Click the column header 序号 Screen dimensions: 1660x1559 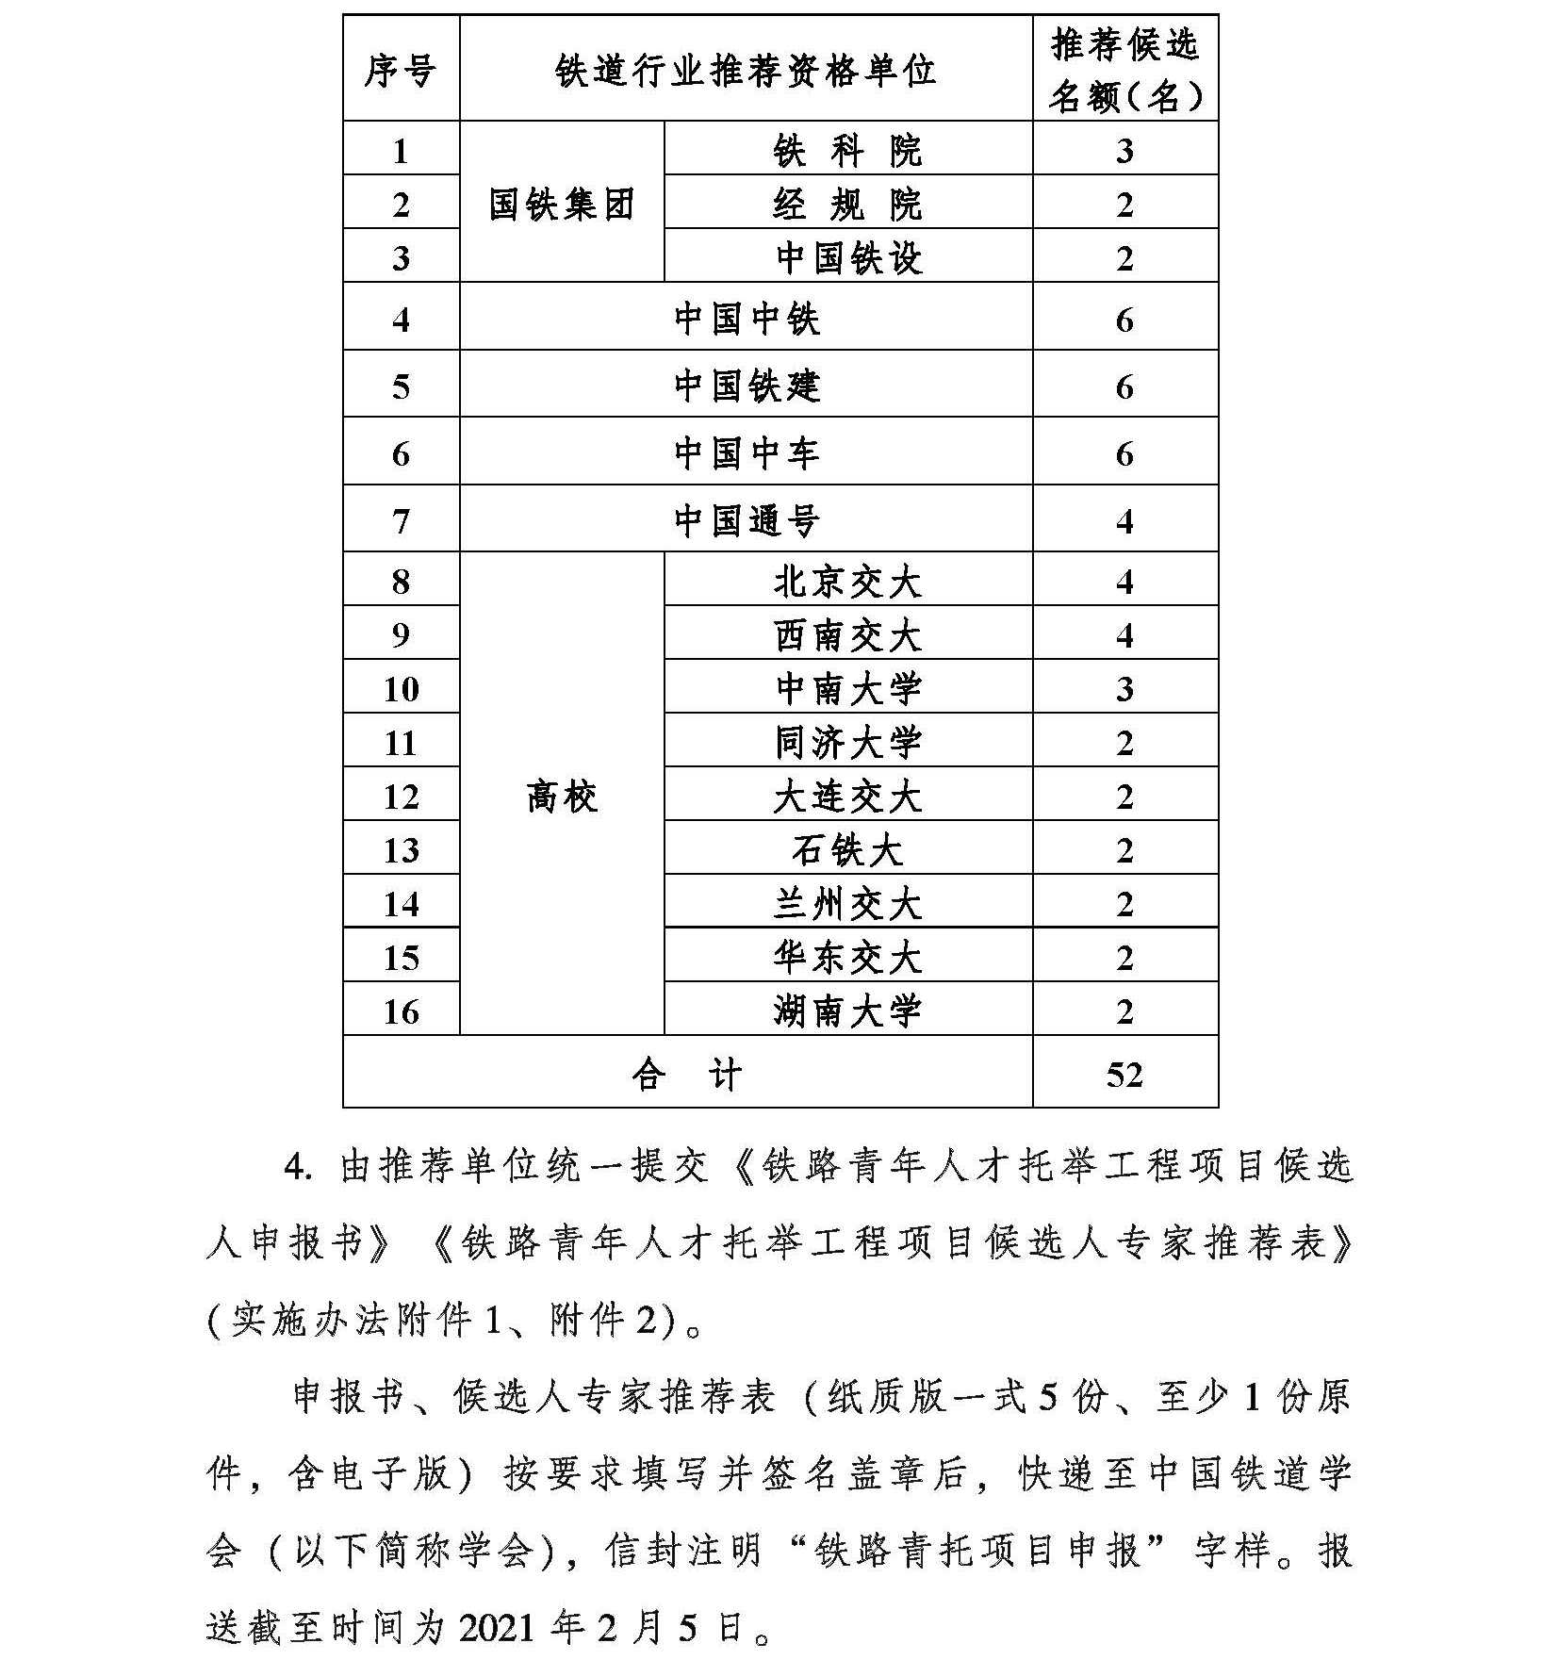[401, 70]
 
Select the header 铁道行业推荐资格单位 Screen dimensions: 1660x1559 [746, 70]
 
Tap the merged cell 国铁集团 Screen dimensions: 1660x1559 [562, 204]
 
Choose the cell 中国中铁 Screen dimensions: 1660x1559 [746, 319]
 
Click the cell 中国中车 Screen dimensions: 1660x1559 [746, 453]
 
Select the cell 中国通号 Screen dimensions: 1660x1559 [746, 520]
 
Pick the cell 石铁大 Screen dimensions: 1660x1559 [847, 850]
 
